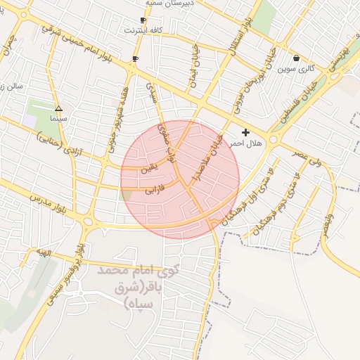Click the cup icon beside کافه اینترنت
(143, 20)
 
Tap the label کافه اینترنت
(143, 31)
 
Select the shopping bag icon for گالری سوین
(296, 58)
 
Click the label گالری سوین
(295, 69)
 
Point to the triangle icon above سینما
(58, 109)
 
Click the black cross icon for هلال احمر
(245, 132)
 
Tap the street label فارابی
(154, 189)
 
